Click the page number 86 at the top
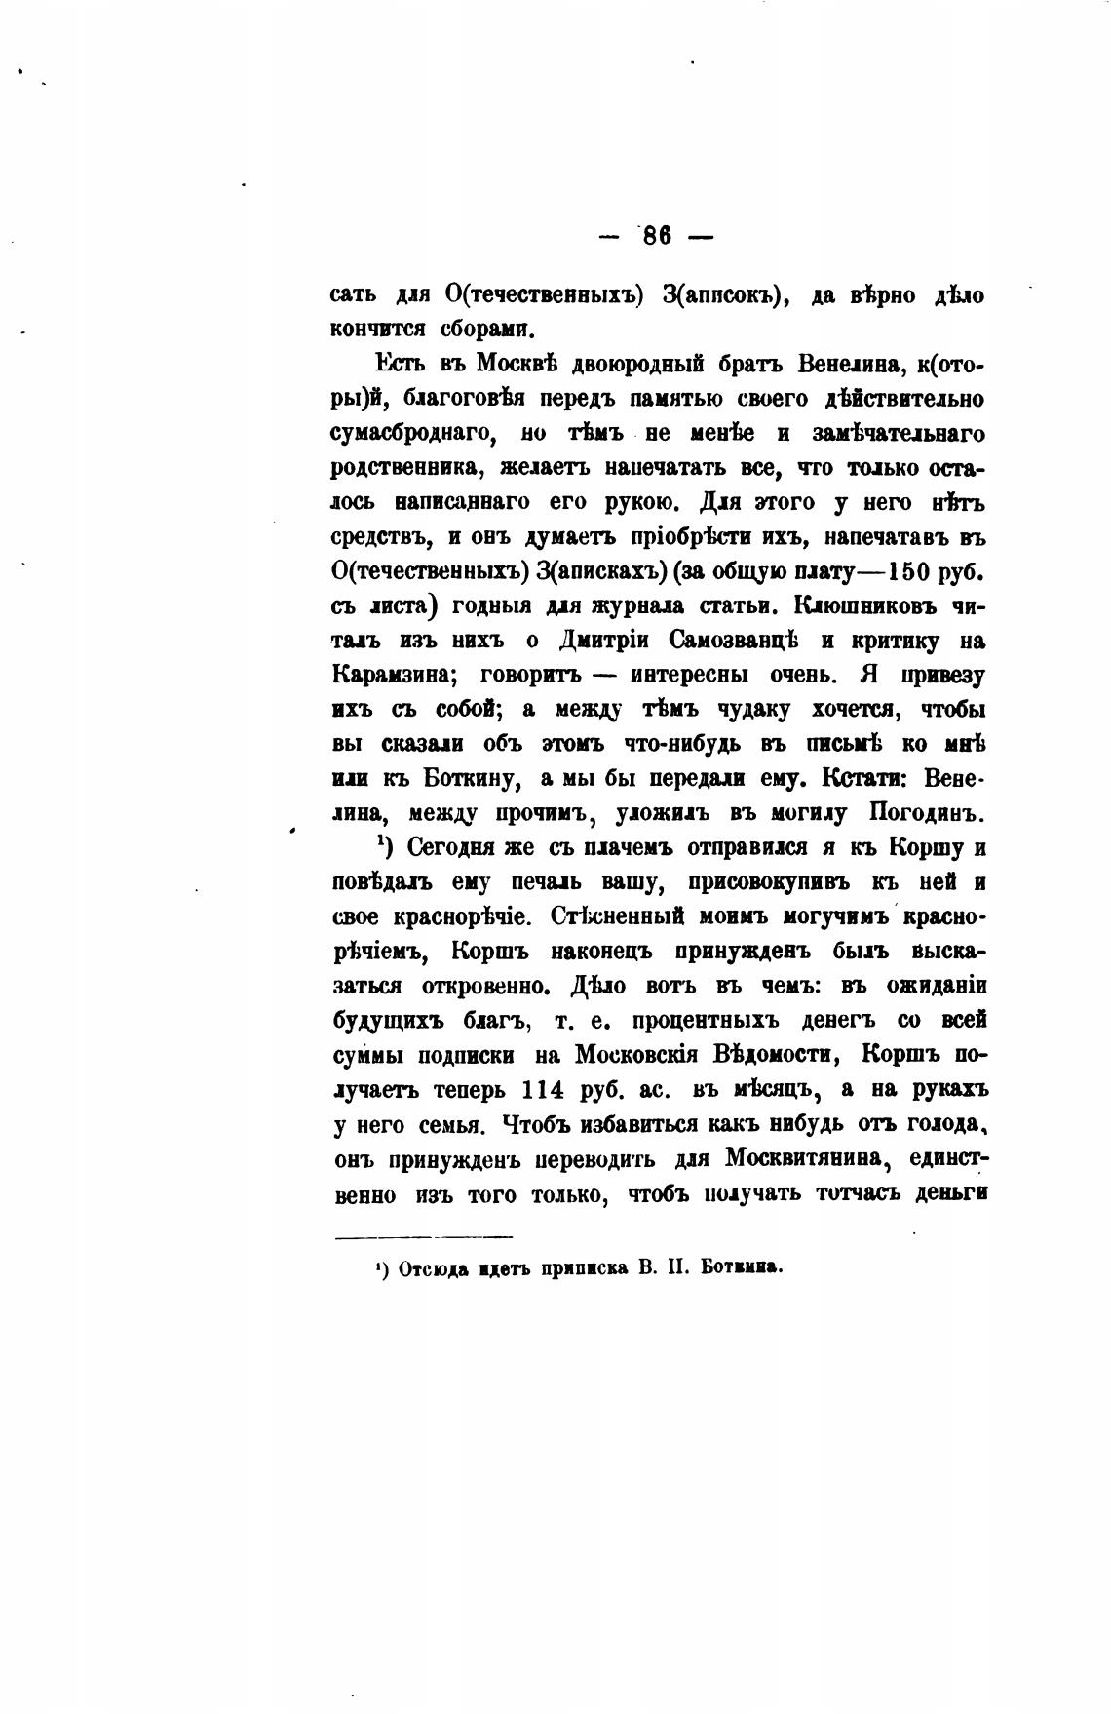pyautogui.click(x=658, y=236)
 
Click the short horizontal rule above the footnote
pyautogui.click(x=424, y=1238)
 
